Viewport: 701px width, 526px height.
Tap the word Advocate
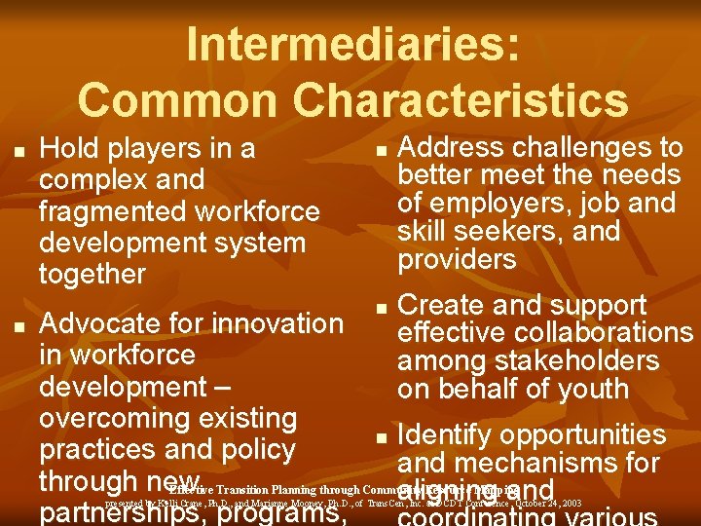click(x=99, y=323)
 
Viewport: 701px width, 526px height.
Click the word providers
click(x=457, y=260)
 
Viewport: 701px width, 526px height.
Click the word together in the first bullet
click(x=92, y=275)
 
